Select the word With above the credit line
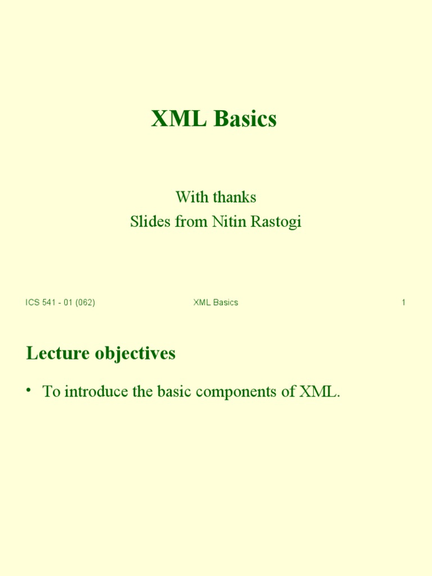coord(188,197)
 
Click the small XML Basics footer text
coord(215,303)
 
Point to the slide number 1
coord(403,303)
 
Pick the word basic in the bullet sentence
coord(170,392)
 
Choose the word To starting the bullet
coord(51,392)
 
